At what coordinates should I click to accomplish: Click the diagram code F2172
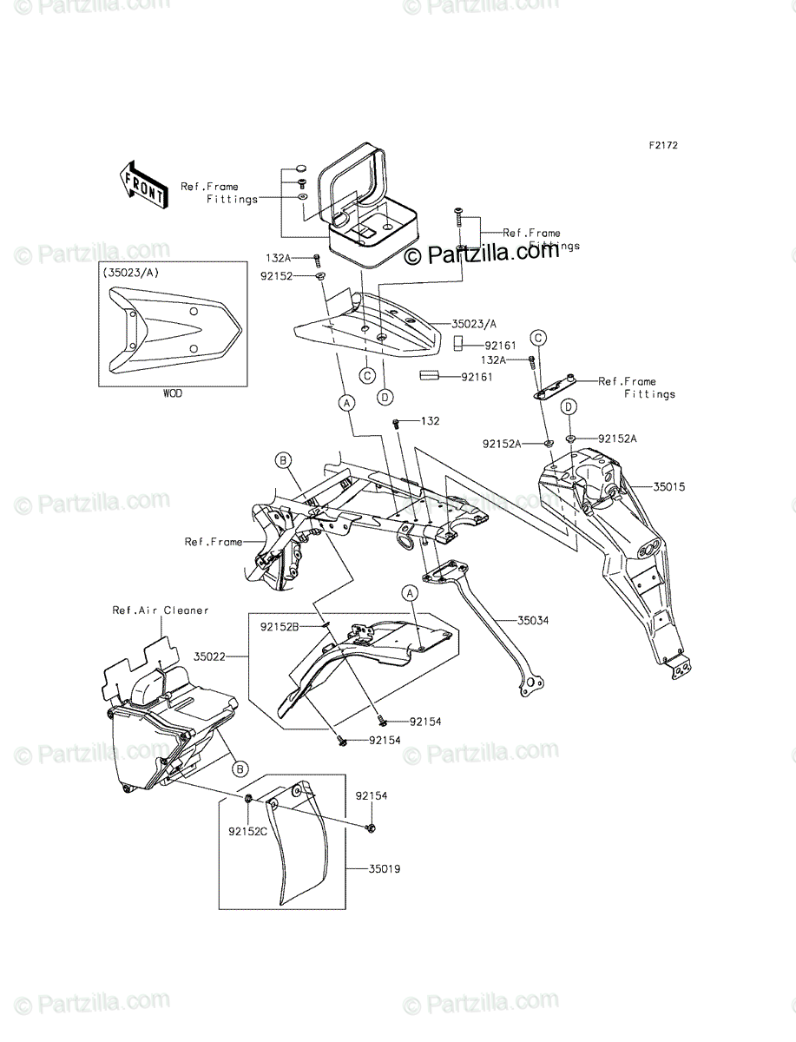click(x=661, y=145)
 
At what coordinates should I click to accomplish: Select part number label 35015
click(x=668, y=487)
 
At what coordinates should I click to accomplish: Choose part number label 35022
click(x=210, y=657)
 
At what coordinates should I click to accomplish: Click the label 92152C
click(x=247, y=830)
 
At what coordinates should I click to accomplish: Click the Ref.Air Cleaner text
click(x=161, y=610)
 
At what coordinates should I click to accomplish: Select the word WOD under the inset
click(x=173, y=392)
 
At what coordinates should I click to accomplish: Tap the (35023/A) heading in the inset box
click(x=132, y=273)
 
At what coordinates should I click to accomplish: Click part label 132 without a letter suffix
click(x=430, y=421)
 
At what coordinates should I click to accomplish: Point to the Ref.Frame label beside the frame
click(x=213, y=542)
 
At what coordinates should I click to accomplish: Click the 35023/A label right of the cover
click(x=473, y=324)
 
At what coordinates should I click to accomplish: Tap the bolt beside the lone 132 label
click(x=397, y=423)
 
